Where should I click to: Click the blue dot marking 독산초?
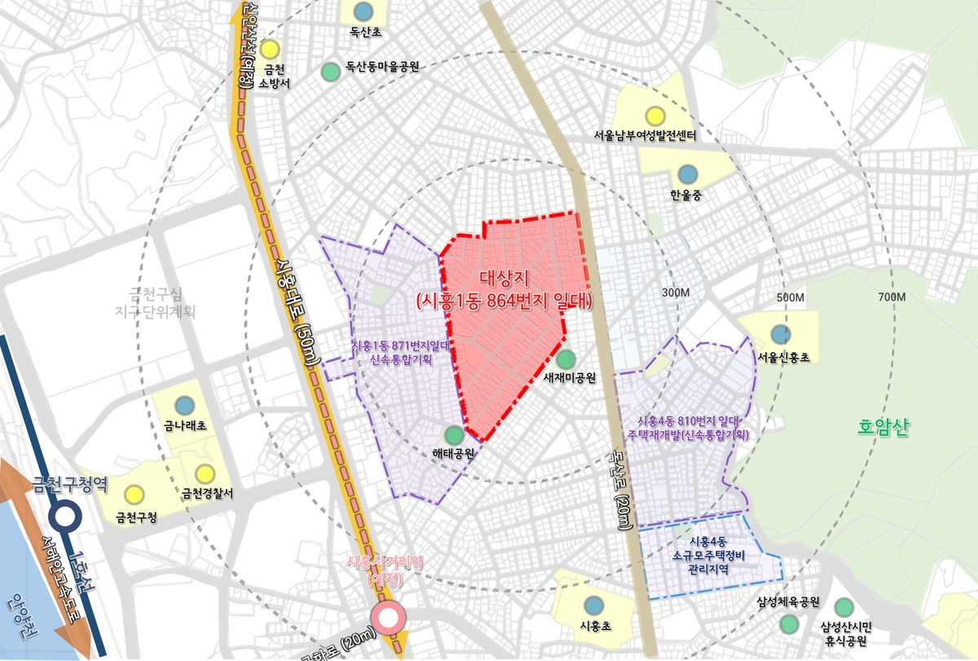(363, 11)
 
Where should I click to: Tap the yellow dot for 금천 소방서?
(271, 49)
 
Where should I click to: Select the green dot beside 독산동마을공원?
(330, 71)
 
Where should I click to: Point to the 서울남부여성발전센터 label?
(645, 135)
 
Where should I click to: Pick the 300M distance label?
(676, 293)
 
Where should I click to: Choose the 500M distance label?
(791, 297)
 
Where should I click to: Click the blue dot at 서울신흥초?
(780, 333)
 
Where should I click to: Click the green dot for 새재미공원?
(566, 358)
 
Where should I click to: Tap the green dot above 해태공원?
(453, 434)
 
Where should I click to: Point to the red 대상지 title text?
(504, 276)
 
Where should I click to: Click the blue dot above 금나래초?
(185, 404)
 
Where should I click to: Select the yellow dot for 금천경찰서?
(204, 473)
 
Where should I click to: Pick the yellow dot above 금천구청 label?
(134, 494)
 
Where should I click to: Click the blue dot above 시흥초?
(593, 604)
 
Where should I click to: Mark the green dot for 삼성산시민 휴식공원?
(844, 606)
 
